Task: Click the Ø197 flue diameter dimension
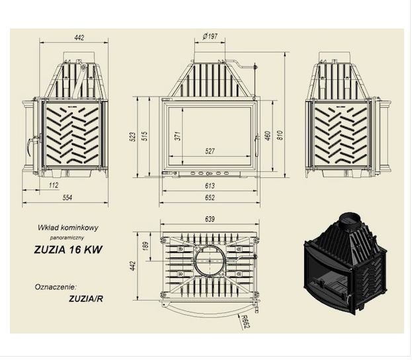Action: (210, 36)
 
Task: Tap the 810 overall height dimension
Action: (280, 135)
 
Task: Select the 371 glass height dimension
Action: (178, 136)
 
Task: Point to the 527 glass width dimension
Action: (210, 151)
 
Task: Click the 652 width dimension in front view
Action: (210, 197)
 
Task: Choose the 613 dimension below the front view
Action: (210, 186)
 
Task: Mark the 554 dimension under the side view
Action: (67, 197)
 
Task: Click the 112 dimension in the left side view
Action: (54, 185)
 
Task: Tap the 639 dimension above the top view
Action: (210, 219)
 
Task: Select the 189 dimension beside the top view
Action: (145, 246)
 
